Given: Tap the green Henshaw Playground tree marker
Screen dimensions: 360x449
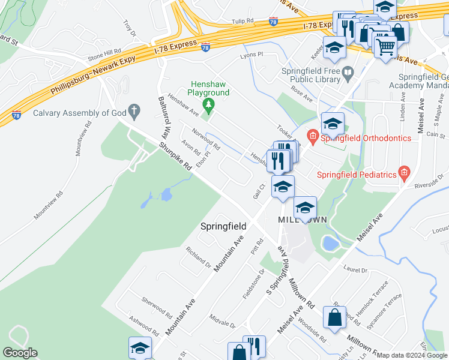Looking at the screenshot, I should [x=208, y=107].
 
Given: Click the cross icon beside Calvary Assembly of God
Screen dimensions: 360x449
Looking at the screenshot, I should [x=135, y=112].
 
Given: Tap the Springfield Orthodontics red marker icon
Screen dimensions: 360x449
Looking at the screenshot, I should [x=312, y=138].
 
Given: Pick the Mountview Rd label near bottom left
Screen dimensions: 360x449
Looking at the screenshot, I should [x=49, y=205].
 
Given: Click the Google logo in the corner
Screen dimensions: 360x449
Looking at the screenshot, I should [x=20, y=353].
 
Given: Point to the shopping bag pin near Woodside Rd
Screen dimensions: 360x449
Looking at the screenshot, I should [x=334, y=317].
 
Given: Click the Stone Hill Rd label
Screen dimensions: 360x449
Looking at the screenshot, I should [x=104, y=53].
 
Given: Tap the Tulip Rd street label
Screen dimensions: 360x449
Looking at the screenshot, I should [x=243, y=22].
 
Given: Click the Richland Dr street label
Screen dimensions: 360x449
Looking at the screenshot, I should [x=198, y=257].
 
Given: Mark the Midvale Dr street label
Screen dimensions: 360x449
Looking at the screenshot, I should [x=223, y=320].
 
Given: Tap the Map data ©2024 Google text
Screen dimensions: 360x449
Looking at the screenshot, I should [x=412, y=355].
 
